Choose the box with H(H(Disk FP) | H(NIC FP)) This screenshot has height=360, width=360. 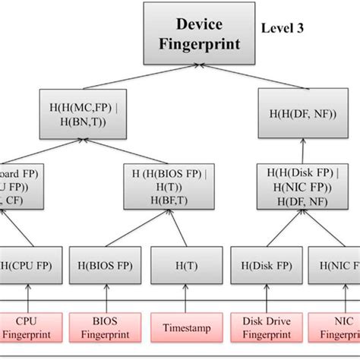pyautogui.click(x=298, y=186)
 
